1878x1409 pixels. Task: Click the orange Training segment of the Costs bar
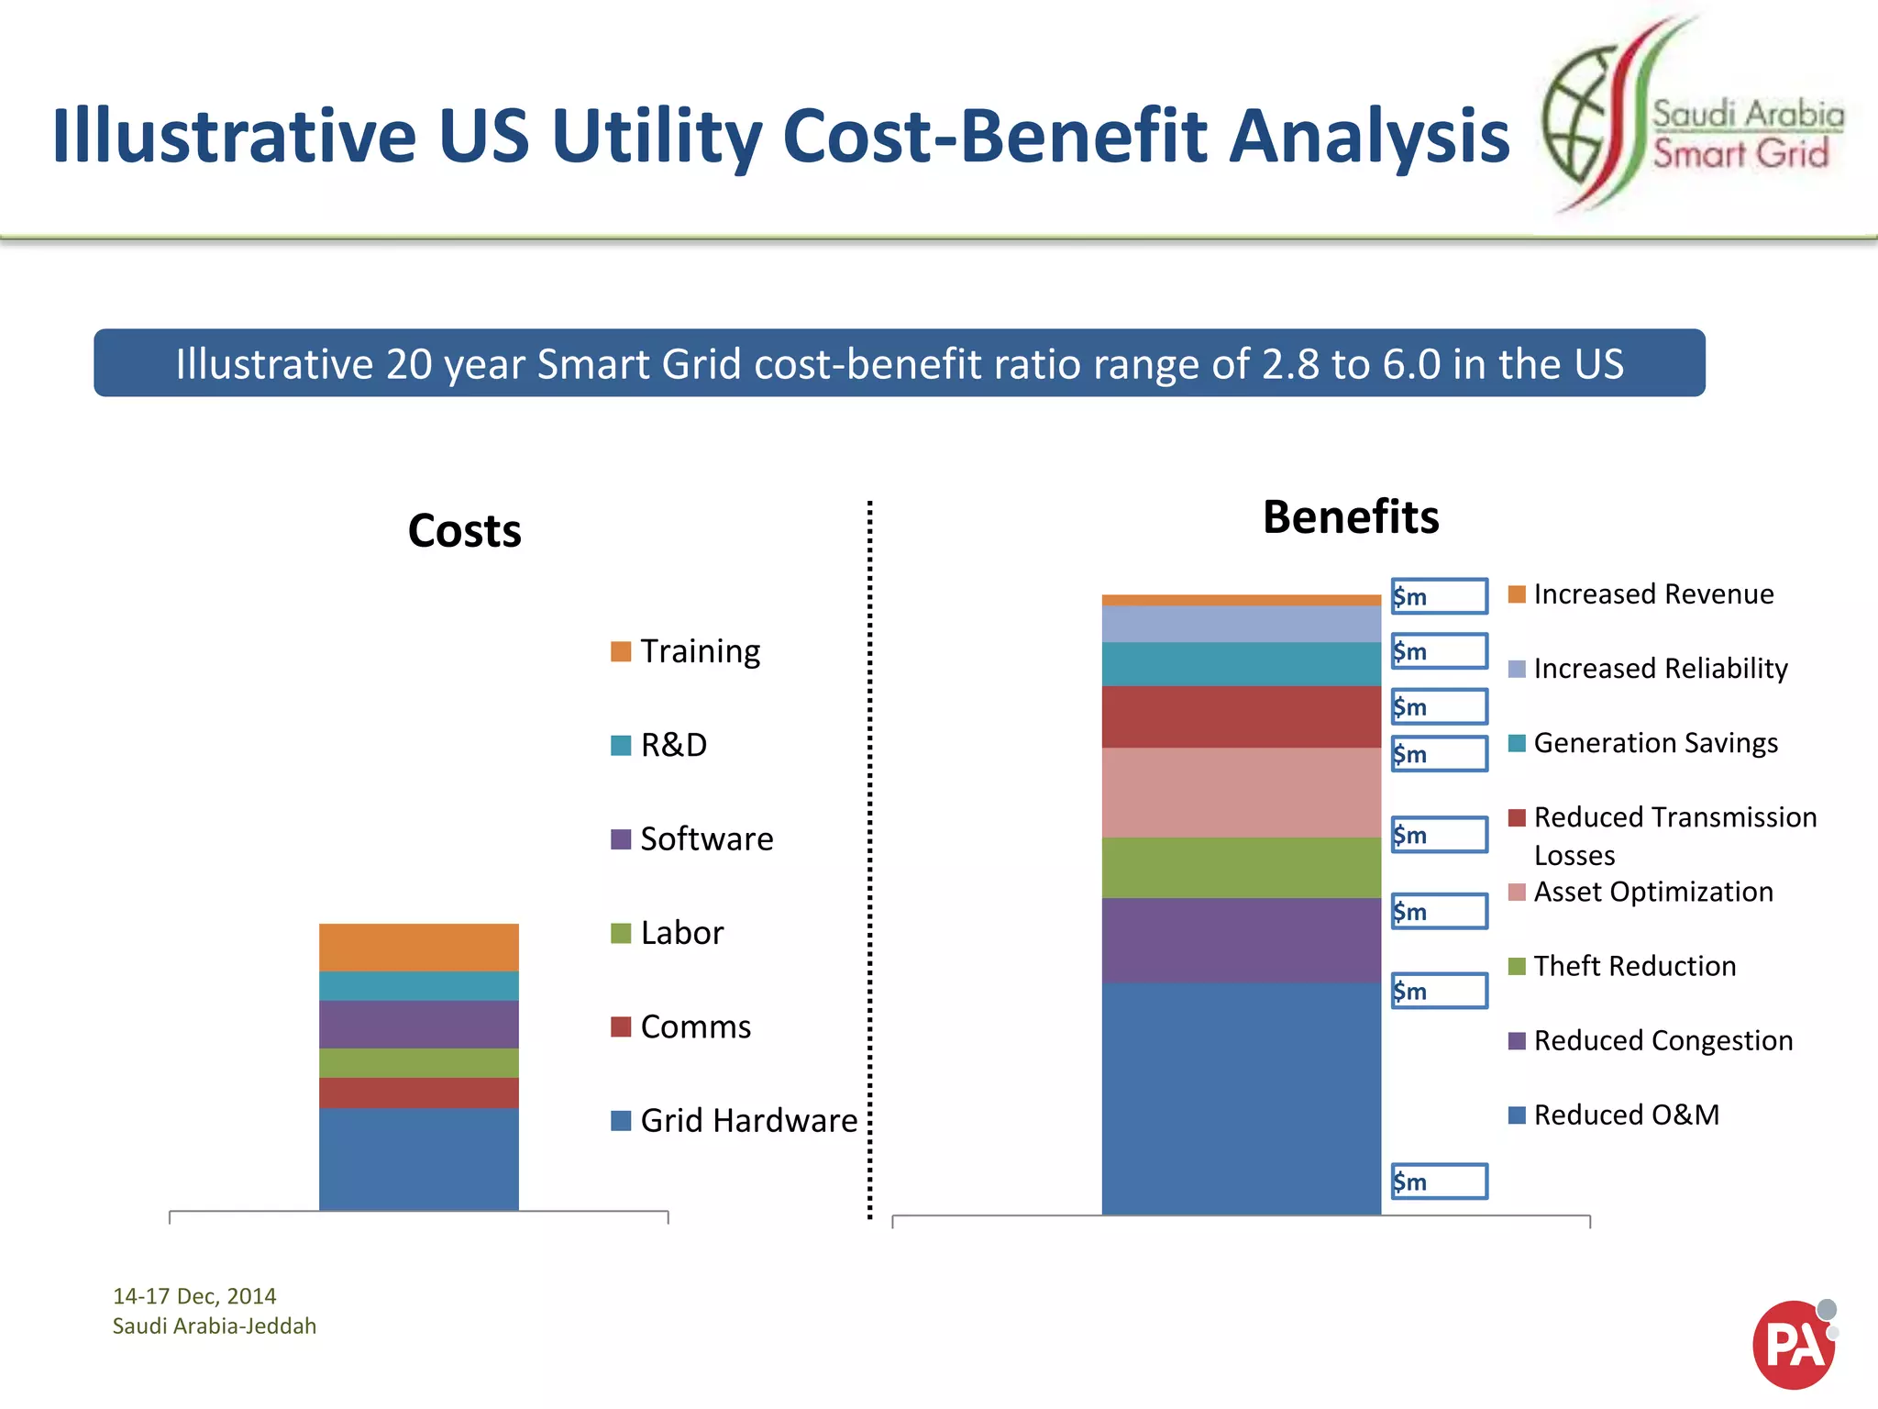tap(418, 947)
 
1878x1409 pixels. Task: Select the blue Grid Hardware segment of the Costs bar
tap(418, 1159)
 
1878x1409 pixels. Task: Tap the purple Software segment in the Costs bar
tap(418, 1024)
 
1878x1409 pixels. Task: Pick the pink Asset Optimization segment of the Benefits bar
tap(1241, 793)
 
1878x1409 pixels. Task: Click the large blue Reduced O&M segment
tap(1241, 1098)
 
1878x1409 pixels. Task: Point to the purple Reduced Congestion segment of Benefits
tap(1241, 940)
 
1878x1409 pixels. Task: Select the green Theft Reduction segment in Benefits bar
tap(1241, 867)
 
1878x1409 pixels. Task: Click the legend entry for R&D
tap(673, 745)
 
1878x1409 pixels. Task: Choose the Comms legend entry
tap(694, 1026)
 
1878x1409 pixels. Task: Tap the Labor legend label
tap(681, 933)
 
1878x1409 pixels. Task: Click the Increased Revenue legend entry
tap(1652, 594)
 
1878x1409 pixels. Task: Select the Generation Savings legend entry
tap(1654, 743)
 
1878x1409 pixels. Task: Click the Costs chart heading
tap(464, 531)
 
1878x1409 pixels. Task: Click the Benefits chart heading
tap(1350, 517)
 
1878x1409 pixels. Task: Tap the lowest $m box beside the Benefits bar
tap(1439, 1182)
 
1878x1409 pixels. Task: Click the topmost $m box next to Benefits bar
tap(1439, 596)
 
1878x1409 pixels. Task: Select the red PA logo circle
tap(1792, 1345)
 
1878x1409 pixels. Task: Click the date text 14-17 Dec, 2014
tap(194, 1296)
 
